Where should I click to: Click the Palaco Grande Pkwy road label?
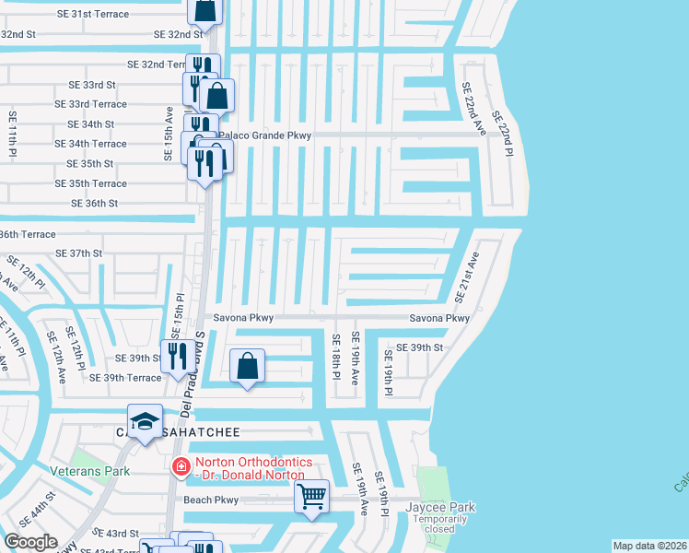[264, 135]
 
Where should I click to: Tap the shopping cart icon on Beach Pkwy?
[312, 496]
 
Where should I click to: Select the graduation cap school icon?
[145, 421]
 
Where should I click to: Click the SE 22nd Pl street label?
[501, 134]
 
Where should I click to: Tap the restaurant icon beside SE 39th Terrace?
[175, 356]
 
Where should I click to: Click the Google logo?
[31, 541]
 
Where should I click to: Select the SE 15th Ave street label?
[169, 134]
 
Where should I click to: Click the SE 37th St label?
[78, 253]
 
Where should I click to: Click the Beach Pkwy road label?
[211, 500]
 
